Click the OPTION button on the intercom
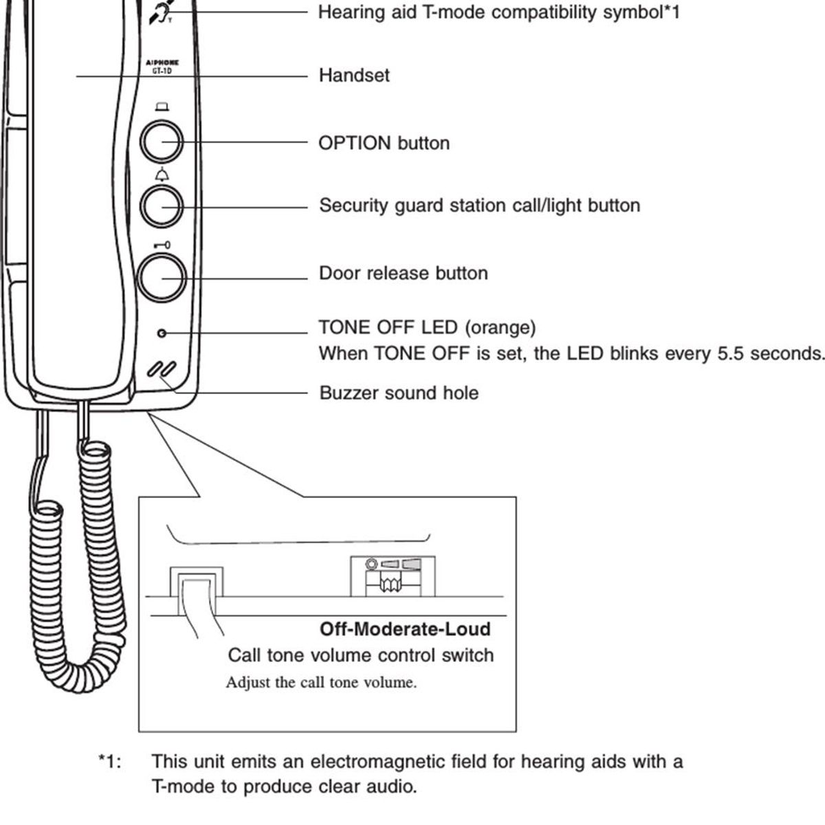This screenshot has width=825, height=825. pos(162,142)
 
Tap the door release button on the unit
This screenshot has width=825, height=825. pos(162,278)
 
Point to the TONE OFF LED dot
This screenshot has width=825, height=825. pos(162,333)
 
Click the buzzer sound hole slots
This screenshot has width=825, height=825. pos(162,368)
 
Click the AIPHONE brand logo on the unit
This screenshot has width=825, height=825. pos(162,63)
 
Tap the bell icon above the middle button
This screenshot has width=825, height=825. pos(162,175)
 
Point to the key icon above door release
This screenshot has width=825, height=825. pos(162,245)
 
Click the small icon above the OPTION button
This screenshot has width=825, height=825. pos(162,107)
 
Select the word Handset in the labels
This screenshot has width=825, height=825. pos(353,75)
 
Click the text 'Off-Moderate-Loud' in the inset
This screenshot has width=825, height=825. pos(405,629)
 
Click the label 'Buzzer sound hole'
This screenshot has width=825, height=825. pos(399,393)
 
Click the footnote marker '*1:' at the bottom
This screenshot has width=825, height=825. pos(110,762)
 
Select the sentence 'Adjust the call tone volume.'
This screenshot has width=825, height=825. pos(321,683)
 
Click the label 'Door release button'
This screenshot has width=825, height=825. pos(403,273)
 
